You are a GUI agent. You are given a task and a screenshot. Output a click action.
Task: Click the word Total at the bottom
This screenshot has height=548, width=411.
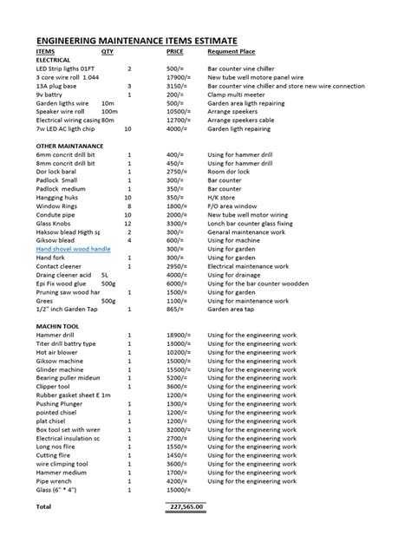[43, 506]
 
